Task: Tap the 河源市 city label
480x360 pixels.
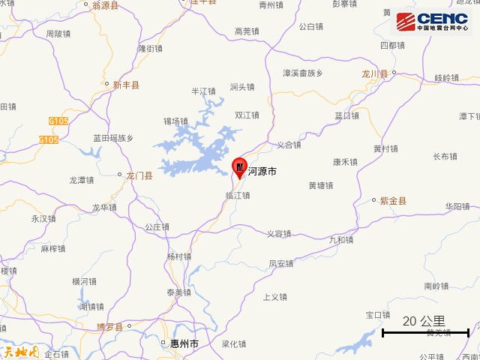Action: [262, 172]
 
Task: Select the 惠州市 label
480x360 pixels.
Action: [184, 343]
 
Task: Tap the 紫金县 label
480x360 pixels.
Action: [393, 201]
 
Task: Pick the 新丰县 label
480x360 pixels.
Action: [126, 85]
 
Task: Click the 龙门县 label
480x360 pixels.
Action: [139, 176]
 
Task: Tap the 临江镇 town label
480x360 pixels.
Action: [237, 195]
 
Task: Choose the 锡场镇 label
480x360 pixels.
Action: [175, 121]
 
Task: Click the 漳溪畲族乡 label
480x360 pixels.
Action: [302, 73]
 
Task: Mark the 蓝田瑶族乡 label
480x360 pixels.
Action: [113, 138]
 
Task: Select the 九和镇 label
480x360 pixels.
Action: [341, 240]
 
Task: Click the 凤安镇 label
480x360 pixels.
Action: [281, 264]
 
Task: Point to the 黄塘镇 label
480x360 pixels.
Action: [321, 185]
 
